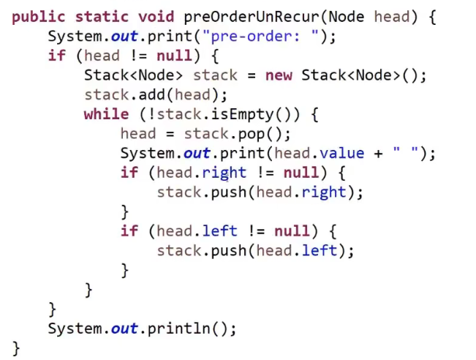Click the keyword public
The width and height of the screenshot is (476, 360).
click(39, 17)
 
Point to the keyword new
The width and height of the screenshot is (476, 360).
click(279, 75)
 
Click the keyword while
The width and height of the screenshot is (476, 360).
click(107, 113)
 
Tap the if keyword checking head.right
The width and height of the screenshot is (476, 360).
click(129, 173)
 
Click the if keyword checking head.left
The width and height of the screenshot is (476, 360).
click(129, 231)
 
